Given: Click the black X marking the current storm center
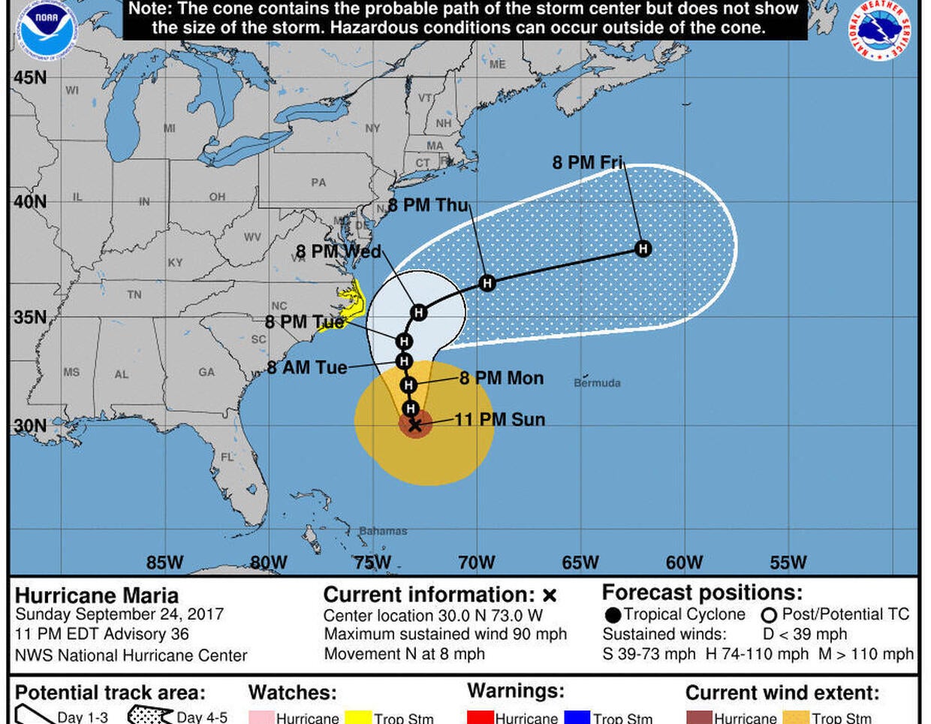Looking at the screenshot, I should tap(414, 425).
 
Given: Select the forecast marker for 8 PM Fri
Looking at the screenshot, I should tap(643, 249).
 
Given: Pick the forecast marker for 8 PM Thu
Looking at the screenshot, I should tap(487, 283).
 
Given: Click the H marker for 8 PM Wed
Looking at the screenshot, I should tap(419, 312).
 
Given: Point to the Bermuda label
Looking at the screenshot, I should tap(597, 383).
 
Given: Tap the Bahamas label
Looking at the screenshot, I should tap(383, 531).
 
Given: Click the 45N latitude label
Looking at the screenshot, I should tap(30, 78).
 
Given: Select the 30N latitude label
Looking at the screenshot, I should tap(30, 426).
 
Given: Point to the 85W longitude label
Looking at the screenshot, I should tap(164, 563).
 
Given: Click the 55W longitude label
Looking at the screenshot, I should tap(788, 563).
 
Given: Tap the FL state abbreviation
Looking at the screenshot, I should tap(227, 457).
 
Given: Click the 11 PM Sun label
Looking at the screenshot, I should tap(500, 420).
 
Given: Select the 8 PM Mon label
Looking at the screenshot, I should tap(502, 378).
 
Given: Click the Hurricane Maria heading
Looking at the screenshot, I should tap(97, 596).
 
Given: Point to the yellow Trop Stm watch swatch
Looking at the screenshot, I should tap(358, 717).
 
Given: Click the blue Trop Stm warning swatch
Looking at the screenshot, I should tap(577, 717).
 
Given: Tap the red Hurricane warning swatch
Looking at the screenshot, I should tap(480, 717).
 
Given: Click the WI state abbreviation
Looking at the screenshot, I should tap(72, 91).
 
